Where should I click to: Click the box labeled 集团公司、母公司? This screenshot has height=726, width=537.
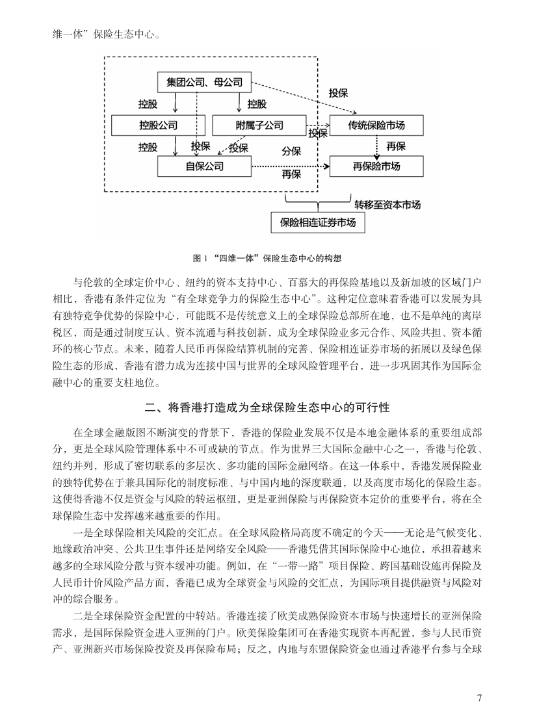point(204,82)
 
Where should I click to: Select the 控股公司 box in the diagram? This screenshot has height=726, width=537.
point(158,124)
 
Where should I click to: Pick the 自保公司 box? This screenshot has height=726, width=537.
point(204,167)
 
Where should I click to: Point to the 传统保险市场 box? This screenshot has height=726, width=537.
point(376,124)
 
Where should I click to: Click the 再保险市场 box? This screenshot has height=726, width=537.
point(376,167)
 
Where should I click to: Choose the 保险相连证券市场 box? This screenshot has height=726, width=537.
point(318,222)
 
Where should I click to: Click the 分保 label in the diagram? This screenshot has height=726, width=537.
point(291,151)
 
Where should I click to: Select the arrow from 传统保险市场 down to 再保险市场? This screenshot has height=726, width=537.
point(376,146)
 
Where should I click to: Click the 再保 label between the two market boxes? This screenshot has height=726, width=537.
point(395,146)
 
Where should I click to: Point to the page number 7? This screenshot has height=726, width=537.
point(479,698)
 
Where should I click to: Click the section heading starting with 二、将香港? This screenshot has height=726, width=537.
point(268,408)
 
